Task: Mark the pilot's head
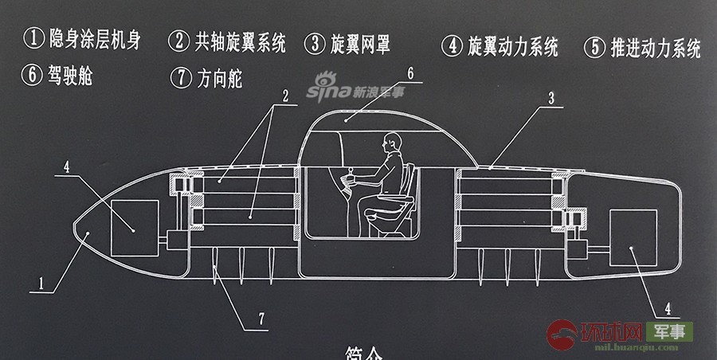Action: pyautogui.click(x=390, y=144)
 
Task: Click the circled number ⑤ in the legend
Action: pyautogui.click(x=594, y=47)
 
